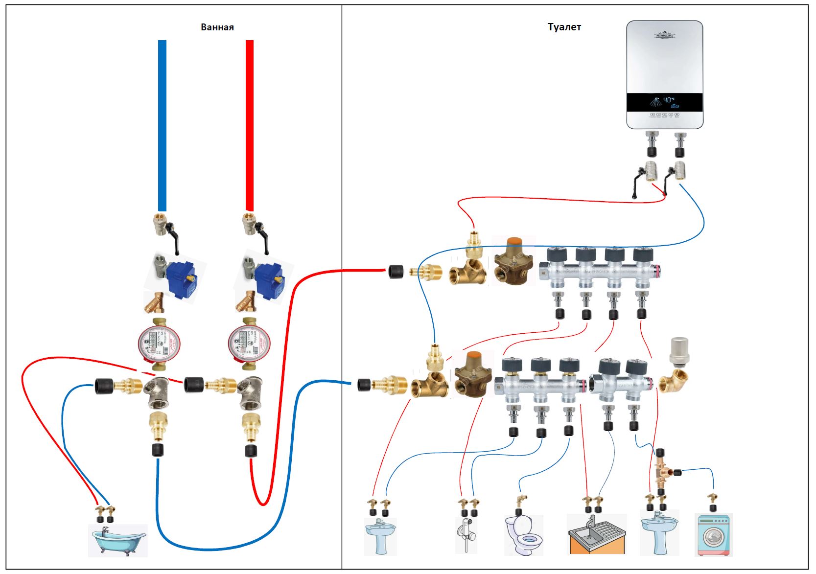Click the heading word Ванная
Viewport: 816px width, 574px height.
[217, 27]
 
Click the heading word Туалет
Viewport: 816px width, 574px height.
[564, 27]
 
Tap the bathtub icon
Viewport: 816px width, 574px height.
[118, 540]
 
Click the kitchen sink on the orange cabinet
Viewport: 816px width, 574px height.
[597, 533]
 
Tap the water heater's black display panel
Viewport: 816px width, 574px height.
[665, 102]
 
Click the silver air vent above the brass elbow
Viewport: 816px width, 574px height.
[678, 351]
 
